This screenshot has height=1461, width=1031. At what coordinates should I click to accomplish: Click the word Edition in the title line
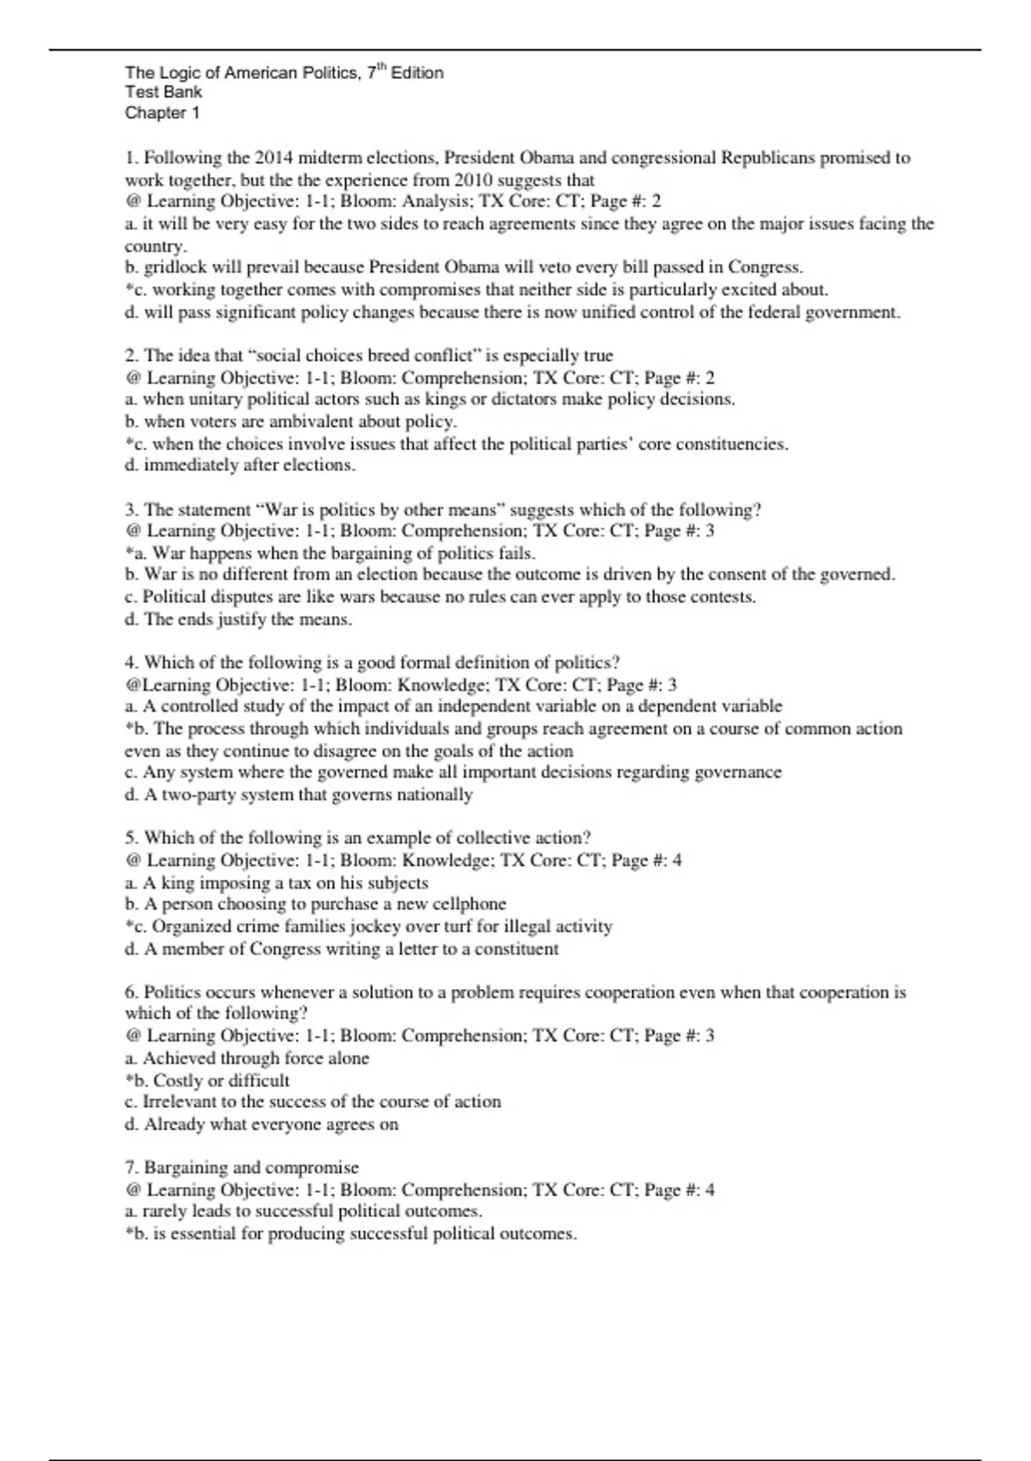tap(418, 73)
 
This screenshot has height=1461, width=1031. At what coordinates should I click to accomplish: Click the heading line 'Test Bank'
tap(163, 92)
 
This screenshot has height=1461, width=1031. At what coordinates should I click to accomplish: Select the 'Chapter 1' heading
tap(162, 113)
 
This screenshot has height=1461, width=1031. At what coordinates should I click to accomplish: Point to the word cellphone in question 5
tap(469, 904)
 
